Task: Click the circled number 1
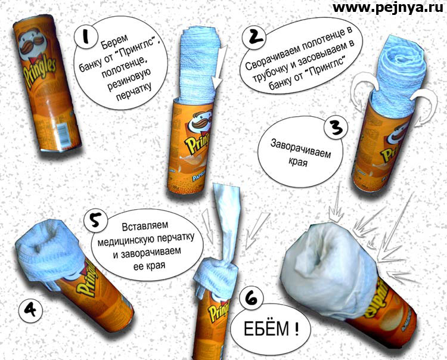pyautogui.click(x=85, y=38)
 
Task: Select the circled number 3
pyautogui.click(x=336, y=128)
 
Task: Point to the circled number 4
pyautogui.click(x=30, y=310)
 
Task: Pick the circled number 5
pyautogui.click(x=95, y=221)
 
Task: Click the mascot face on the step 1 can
pyautogui.click(x=32, y=44)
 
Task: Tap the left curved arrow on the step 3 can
pyautogui.click(x=362, y=90)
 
